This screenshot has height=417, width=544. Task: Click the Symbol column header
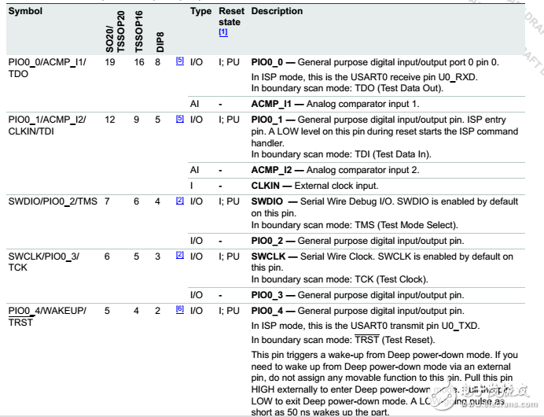click(25, 12)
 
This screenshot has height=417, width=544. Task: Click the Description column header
click(277, 12)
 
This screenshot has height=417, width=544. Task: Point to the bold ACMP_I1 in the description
click(271, 103)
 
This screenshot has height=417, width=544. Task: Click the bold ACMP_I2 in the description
click(271, 171)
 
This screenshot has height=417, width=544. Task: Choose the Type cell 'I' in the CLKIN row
click(192, 186)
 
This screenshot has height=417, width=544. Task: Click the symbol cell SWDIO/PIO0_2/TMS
click(52, 201)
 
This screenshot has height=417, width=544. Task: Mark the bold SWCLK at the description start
click(267, 256)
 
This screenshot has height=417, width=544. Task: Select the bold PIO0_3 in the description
click(268, 294)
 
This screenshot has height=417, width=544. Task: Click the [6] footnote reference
click(179, 310)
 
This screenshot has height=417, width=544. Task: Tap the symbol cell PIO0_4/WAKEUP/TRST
click(47, 316)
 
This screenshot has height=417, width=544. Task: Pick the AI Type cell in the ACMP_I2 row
click(194, 171)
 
